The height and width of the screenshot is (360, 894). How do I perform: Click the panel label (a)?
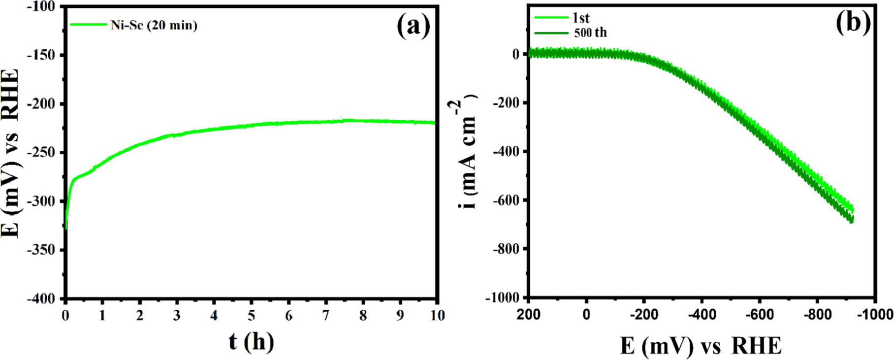pyautogui.click(x=414, y=26)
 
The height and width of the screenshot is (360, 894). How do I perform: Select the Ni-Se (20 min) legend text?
pyautogui.click(x=154, y=25)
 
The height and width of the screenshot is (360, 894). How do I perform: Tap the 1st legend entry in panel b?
pyautogui.click(x=581, y=18)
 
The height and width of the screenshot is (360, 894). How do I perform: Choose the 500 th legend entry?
pyautogui.click(x=590, y=33)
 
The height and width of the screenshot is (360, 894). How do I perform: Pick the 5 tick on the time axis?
pyautogui.click(x=251, y=315)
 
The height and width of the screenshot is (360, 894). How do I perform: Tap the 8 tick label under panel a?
pyautogui.click(x=363, y=315)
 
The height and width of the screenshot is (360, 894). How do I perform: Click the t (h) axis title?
pyautogui.click(x=251, y=342)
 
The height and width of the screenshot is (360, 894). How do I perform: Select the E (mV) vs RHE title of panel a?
pyautogui.click(x=11, y=153)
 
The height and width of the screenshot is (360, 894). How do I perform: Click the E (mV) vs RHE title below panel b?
pyautogui.click(x=701, y=346)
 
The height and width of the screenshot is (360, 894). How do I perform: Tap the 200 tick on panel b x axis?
pyautogui.click(x=528, y=314)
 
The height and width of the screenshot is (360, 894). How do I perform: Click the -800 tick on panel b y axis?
pyautogui.click(x=506, y=249)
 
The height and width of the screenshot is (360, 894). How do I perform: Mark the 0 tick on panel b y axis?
pyautogui.click(x=515, y=54)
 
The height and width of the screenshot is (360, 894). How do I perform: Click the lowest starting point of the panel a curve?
pyautogui.click(x=66, y=228)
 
